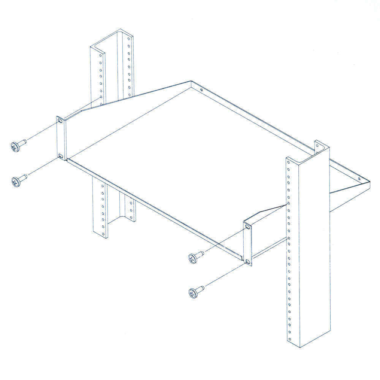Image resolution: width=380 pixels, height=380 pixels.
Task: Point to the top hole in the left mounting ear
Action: tap(60, 121)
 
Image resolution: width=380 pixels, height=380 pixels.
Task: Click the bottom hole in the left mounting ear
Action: tap(60, 156)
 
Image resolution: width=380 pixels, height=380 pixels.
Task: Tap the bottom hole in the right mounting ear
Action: tap(248, 261)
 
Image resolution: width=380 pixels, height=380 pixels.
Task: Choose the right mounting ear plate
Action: tap(248, 244)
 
